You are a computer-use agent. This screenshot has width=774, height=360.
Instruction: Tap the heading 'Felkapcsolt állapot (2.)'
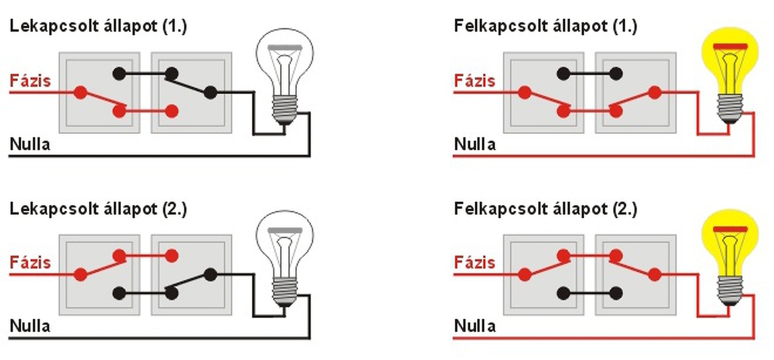click(x=545, y=209)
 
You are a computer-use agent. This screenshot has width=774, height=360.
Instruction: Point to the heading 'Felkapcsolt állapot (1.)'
click(x=545, y=27)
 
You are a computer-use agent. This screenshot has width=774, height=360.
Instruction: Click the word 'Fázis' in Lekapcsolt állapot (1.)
click(x=30, y=80)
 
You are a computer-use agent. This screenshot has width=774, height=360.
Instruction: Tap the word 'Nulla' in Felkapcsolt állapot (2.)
click(x=475, y=326)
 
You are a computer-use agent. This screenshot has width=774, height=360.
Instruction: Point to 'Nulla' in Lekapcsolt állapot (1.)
click(x=30, y=144)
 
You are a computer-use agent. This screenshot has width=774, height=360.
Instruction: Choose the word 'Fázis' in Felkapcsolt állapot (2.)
click(x=475, y=263)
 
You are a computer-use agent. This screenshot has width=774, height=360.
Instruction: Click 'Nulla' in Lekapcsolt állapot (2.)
click(x=30, y=326)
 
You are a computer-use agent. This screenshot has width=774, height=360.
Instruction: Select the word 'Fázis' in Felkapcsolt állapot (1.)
click(x=475, y=80)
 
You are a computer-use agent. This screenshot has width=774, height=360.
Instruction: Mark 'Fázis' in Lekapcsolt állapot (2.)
click(x=30, y=263)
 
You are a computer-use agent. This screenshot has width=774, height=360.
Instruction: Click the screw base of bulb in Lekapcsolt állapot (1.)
click(x=284, y=109)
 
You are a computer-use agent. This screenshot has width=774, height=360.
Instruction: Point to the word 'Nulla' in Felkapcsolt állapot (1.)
click(x=475, y=144)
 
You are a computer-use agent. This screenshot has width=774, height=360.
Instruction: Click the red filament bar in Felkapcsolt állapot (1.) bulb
click(x=730, y=47)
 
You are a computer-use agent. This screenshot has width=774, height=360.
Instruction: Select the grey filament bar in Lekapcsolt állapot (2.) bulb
click(x=285, y=229)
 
